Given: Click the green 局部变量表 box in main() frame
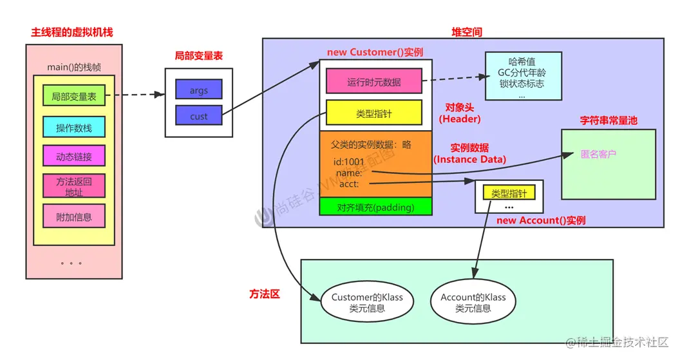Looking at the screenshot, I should (73, 96).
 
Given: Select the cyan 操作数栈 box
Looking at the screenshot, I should (73, 128).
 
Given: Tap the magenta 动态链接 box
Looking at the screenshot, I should (73, 156).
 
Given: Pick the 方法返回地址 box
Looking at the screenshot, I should (73, 186).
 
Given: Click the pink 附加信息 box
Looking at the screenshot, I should (73, 217).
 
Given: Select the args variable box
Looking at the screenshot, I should (198, 90).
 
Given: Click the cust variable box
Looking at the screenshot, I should (198, 117).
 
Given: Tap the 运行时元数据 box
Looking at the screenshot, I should (373, 82).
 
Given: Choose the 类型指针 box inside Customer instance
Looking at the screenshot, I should (373, 113).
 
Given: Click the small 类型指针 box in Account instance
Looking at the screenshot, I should (509, 193).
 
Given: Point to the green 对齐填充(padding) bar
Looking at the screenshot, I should (375, 207).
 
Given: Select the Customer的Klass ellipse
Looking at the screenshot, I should (366, 302).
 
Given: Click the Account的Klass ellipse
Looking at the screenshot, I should (473, 302).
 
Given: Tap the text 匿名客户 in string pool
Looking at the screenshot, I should (598, 155).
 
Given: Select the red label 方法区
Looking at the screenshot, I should (265, 294).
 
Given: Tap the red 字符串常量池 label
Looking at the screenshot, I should (609, 120).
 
